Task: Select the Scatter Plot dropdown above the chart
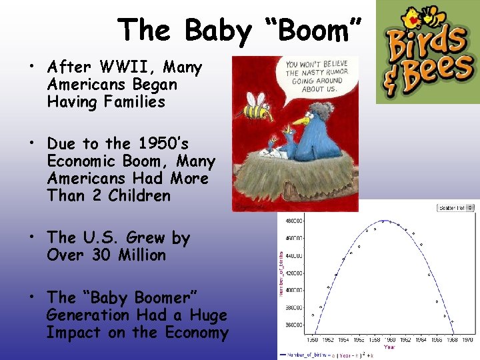[x=455, y=208]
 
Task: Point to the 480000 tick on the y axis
[x=295, y=221]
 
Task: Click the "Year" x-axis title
[x=389, y=347]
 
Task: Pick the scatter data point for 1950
[x=313, y=315]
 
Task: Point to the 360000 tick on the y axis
[x=295, y=325]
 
